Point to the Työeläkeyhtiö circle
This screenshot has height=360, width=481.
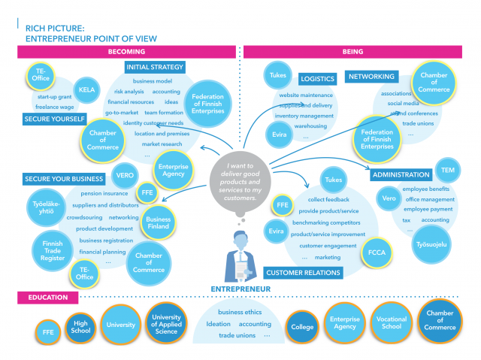[45, 207]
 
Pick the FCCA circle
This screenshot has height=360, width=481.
[374, 253]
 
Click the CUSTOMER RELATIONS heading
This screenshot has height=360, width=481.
[294, 271]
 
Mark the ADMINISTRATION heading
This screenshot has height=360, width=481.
[400, 175]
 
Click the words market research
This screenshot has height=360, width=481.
[162, 144]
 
